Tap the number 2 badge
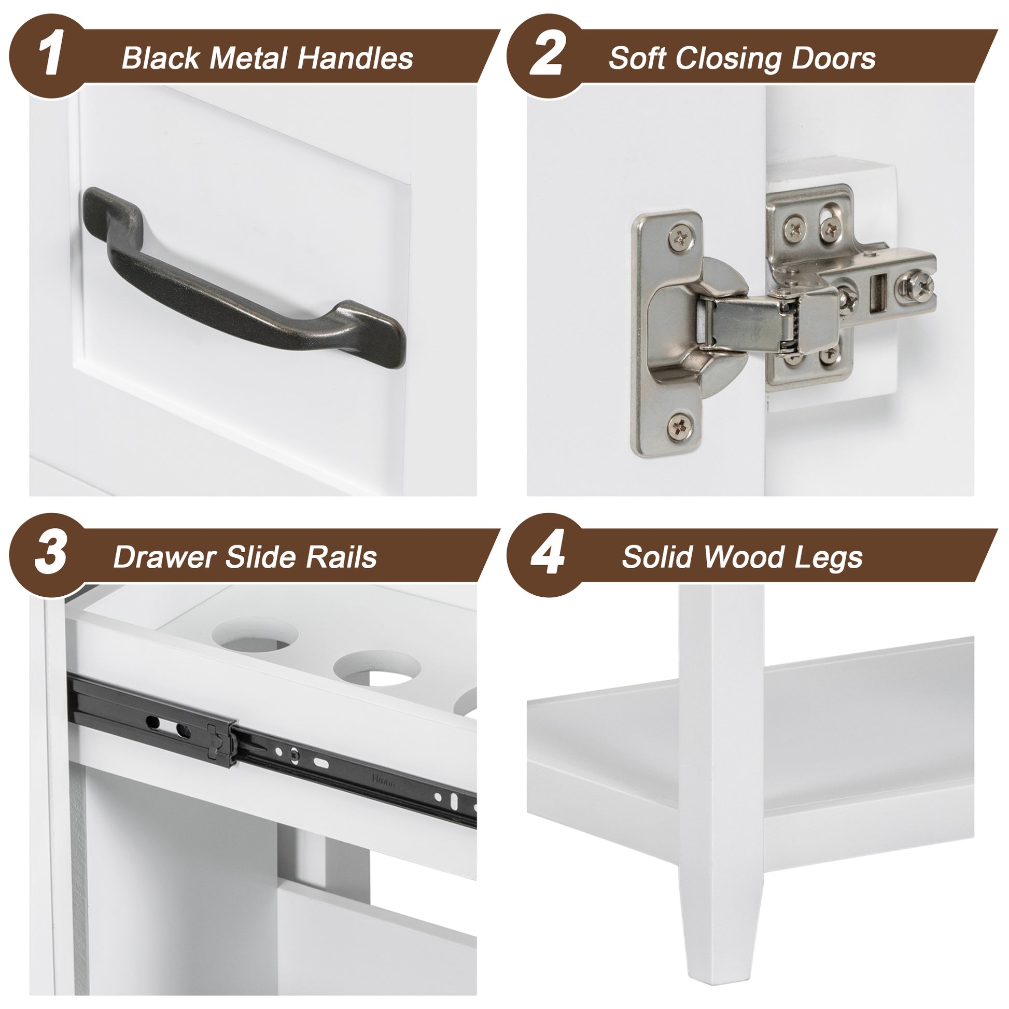tap(546, 54)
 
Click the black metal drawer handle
tap(245, 282)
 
